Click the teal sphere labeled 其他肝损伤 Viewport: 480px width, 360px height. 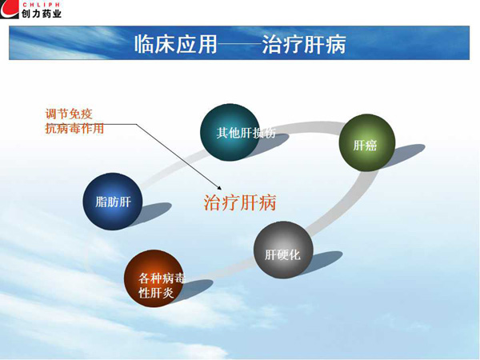point(230,132)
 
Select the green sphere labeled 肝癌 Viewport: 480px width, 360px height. point(366,142)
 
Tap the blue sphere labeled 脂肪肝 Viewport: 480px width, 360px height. point(113,201)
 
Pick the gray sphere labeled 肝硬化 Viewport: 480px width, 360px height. point(283,250)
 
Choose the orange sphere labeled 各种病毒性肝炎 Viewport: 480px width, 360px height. point(154,278)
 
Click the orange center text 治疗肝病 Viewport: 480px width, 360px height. point(240,202)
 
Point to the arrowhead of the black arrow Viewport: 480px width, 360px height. point(219,188)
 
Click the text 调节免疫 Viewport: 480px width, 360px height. point(69,114)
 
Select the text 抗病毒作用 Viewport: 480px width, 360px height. point(74,128)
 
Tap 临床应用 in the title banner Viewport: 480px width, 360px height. point(176,44)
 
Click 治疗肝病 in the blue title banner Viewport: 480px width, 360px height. point(304,44)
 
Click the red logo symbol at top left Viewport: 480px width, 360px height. point(10,9)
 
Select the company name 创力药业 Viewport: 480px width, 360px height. point(42,13)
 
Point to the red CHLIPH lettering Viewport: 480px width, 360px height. point(41,4)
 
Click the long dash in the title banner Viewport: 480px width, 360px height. point(240,44)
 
